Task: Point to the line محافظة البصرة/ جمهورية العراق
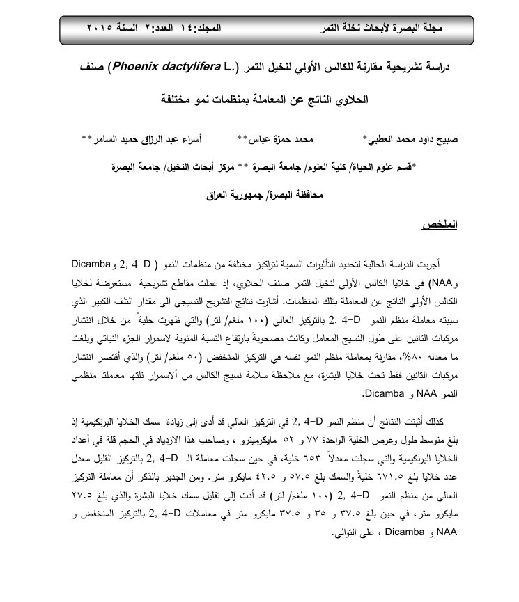(259, 196)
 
